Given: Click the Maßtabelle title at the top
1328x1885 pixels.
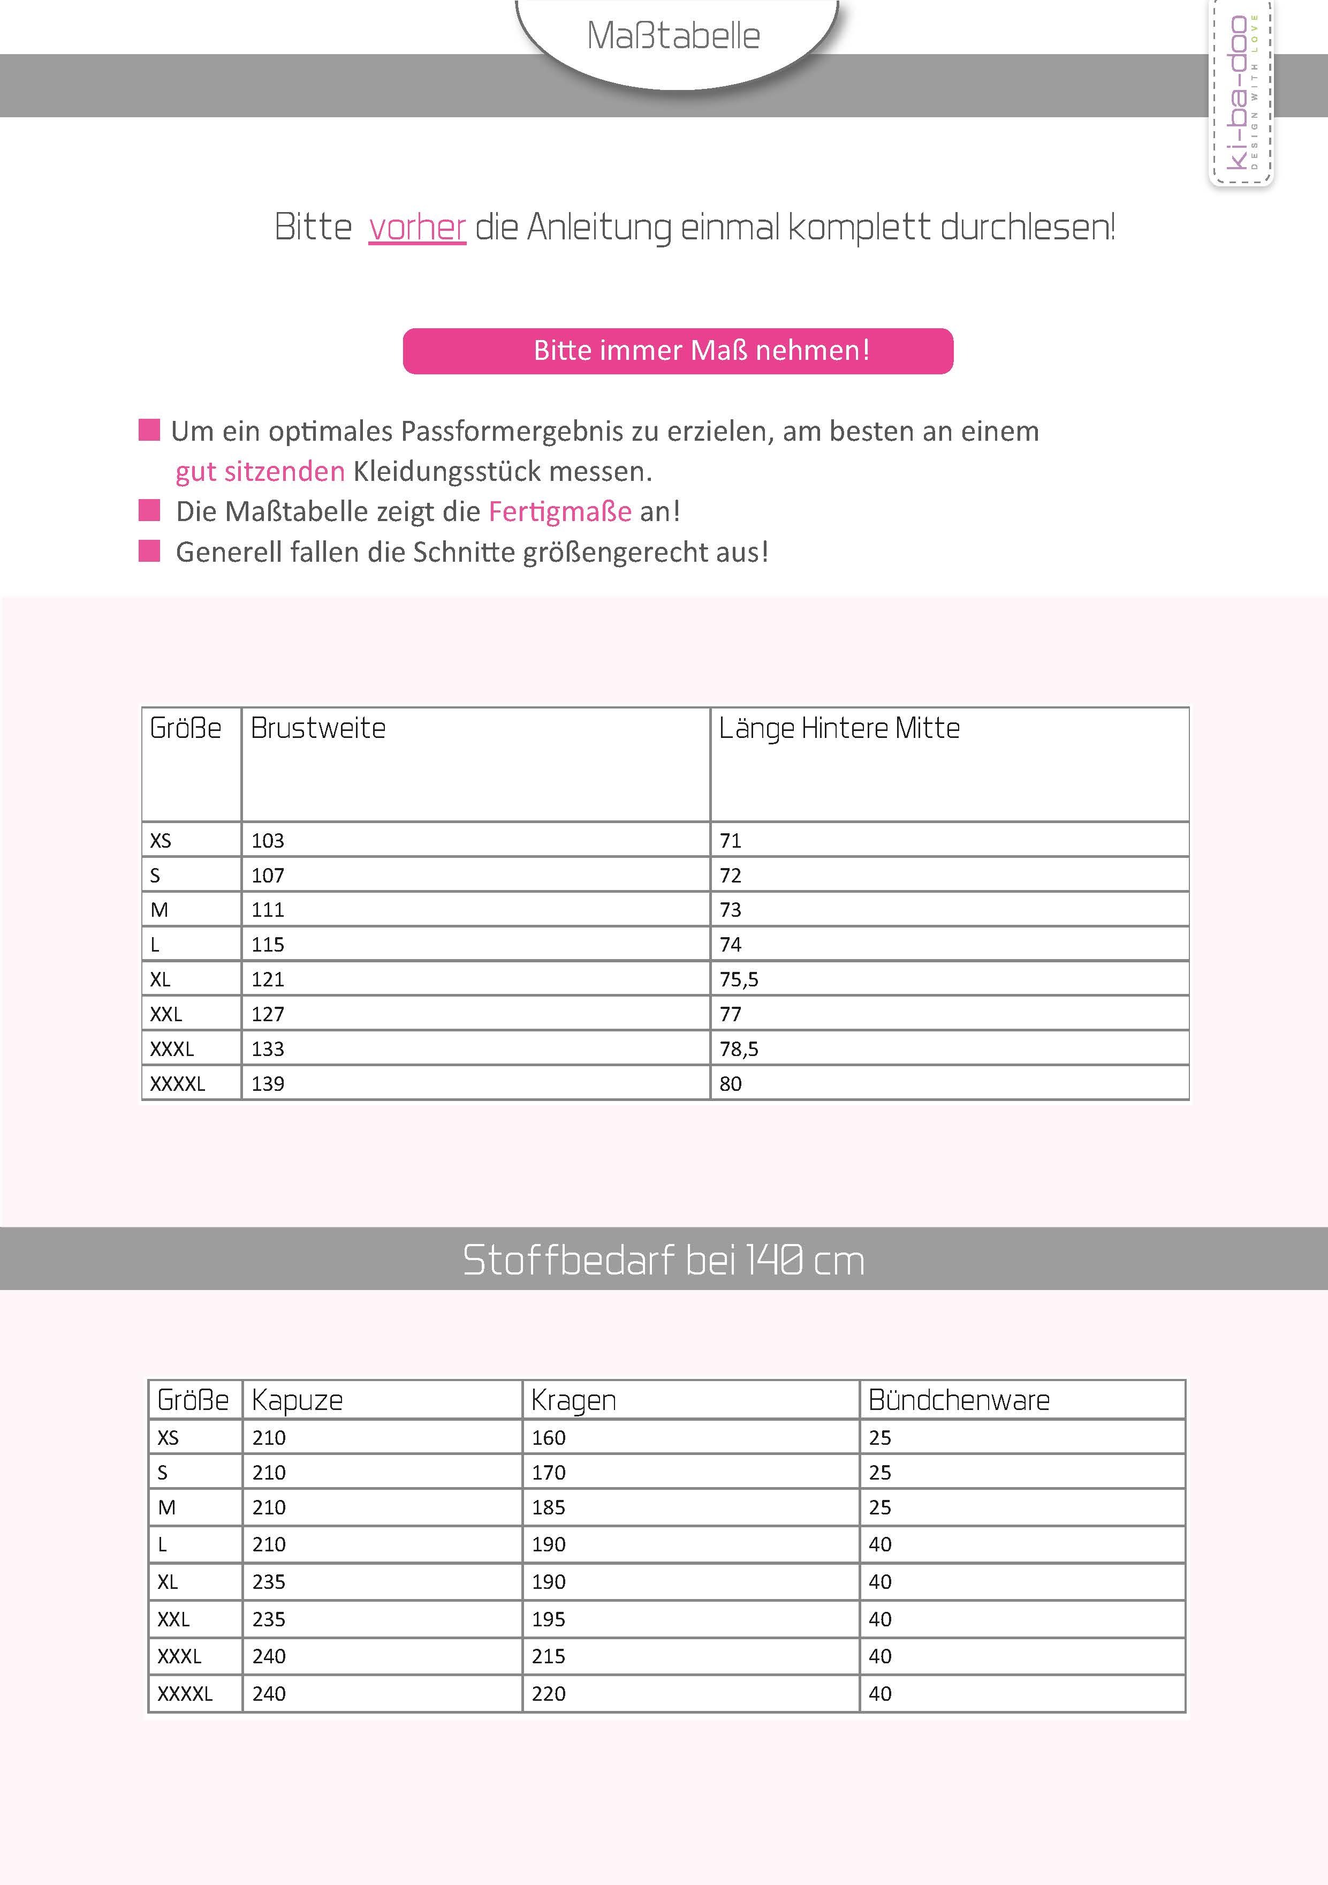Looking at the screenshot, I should [673, 36].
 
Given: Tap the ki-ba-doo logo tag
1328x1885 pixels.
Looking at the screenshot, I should [1240, 92].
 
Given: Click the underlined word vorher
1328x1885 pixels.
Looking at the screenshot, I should [417, 228].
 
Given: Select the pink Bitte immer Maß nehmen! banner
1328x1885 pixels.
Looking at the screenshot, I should [678, 351].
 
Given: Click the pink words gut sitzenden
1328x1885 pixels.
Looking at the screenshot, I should [260, 471].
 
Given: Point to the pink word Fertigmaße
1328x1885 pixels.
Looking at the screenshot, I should [560, 511].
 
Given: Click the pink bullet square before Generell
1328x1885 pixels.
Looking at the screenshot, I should [149, 551].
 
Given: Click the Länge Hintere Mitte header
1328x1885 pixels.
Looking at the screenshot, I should [839, 728].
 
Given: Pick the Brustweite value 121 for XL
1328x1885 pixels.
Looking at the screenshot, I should [268, 979].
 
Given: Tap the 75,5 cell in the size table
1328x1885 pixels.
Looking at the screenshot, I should [739, 979].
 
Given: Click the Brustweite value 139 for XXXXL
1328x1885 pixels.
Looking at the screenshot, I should [268, 1084].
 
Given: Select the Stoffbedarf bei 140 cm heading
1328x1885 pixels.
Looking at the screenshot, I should [663, 1260].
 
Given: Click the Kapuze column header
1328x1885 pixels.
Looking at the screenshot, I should [297, 1400].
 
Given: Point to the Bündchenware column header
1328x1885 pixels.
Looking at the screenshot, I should [959, 1400].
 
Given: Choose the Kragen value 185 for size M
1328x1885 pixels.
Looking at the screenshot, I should [548, 1507].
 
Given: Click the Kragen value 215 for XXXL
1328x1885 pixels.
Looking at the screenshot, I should [548, 1656].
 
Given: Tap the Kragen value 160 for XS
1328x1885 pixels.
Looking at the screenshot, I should [548, 1437].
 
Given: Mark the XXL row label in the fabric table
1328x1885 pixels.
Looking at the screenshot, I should [173, 1619].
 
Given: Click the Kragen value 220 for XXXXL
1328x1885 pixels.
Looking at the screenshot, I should [548, 1694].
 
